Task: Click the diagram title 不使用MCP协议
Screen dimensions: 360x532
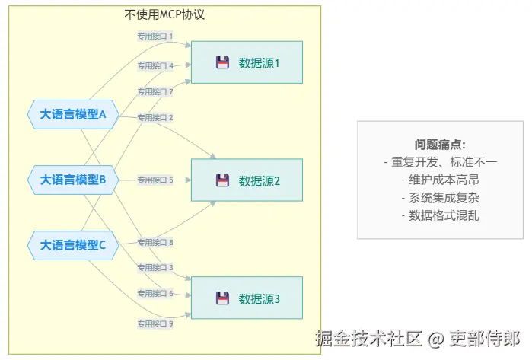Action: tap(164, 14)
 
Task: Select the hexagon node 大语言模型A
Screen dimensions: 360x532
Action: tap(73, 114)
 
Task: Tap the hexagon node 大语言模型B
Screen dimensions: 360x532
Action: tap(73, 180)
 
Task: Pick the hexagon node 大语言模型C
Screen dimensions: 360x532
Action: tap(73, 245)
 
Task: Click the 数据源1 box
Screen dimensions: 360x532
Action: tap(247, 62)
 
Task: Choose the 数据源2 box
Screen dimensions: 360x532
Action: tap(247, 180)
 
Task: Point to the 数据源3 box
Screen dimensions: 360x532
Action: tap(247, 298)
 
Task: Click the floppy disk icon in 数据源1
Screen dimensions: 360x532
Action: tap(222, 62)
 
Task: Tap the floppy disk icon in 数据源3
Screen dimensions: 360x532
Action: tap(222, 298)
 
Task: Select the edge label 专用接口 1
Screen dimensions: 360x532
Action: tap(155, 36)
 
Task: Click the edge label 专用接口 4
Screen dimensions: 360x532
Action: tap(155, 65)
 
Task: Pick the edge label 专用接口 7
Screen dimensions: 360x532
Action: tap(155, 91)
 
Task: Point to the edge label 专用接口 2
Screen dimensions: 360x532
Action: tap(155, 117)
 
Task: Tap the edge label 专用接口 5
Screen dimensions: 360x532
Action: tap(155, 180)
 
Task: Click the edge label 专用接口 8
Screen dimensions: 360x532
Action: tap(155, 242)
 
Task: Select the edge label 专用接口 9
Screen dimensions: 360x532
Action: tap(155, 324)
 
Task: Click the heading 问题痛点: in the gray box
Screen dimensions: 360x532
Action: tap(440, 145)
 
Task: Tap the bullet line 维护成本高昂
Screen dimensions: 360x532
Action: tap(440, 180)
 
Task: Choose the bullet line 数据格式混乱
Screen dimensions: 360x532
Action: tap(440, 215)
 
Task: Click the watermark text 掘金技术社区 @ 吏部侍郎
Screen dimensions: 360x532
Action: tap(418, 338)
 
